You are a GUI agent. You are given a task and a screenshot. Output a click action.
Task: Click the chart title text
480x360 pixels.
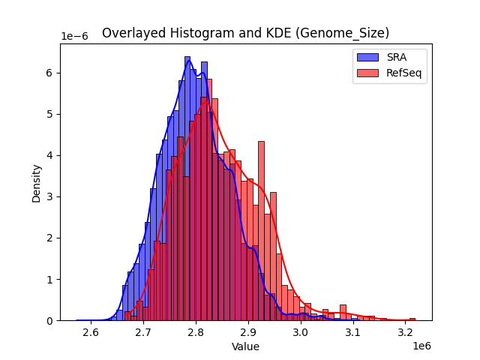click(x=245, y=33)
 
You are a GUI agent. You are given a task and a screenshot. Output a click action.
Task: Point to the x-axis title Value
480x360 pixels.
click(x=245, y=346)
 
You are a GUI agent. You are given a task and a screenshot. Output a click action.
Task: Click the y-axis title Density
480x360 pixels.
click(x=36, y=182)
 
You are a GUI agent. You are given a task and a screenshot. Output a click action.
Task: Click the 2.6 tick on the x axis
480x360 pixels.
click(x=91, y=332)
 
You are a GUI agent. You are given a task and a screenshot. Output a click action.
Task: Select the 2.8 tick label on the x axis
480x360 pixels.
click(x=196, y=332)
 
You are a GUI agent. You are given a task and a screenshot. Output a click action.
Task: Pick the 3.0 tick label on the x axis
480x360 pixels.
click(x=301, y=332)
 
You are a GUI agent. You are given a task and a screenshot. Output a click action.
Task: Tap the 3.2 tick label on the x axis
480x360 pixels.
click(x=406, y=332)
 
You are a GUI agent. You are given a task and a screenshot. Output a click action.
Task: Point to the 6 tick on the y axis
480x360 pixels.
click(x=50, y=73)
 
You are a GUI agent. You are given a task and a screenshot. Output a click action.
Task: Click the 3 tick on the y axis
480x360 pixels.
click(x=50, y=196)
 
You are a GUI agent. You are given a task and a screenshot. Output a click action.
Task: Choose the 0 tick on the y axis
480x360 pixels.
click(x=50, y=320)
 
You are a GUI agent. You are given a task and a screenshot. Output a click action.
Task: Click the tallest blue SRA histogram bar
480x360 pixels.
click(x=187, y=187)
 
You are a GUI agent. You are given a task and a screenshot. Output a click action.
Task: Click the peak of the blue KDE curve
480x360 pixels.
click(x=188, y=61)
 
